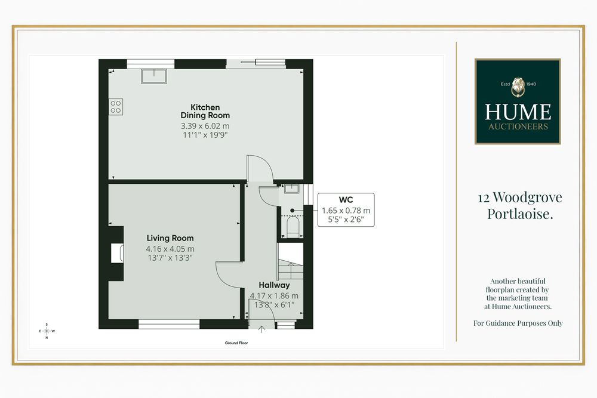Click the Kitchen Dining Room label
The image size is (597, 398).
coord(205,111)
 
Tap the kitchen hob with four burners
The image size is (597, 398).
coord(116,107)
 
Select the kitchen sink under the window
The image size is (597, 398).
coord(154,76)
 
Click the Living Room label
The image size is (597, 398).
coord(170,238)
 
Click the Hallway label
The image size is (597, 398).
coord(274,285)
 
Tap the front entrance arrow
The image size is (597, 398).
coord(261,329)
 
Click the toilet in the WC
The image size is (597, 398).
coord(293,227)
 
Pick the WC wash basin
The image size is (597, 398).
coord(292,189)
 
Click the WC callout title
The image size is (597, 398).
coord(346,200)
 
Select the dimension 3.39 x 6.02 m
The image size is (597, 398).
coord(205,126)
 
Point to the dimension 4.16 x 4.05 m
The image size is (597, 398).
coord(170,249)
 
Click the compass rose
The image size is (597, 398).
coord(47,331)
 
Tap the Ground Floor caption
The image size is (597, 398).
coord(236,343)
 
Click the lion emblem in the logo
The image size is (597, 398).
coord(518,87)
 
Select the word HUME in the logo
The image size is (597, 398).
coord(518,112)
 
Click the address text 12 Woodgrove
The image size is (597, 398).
coord(520,197)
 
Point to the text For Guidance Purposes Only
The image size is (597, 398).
coord(518,323)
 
